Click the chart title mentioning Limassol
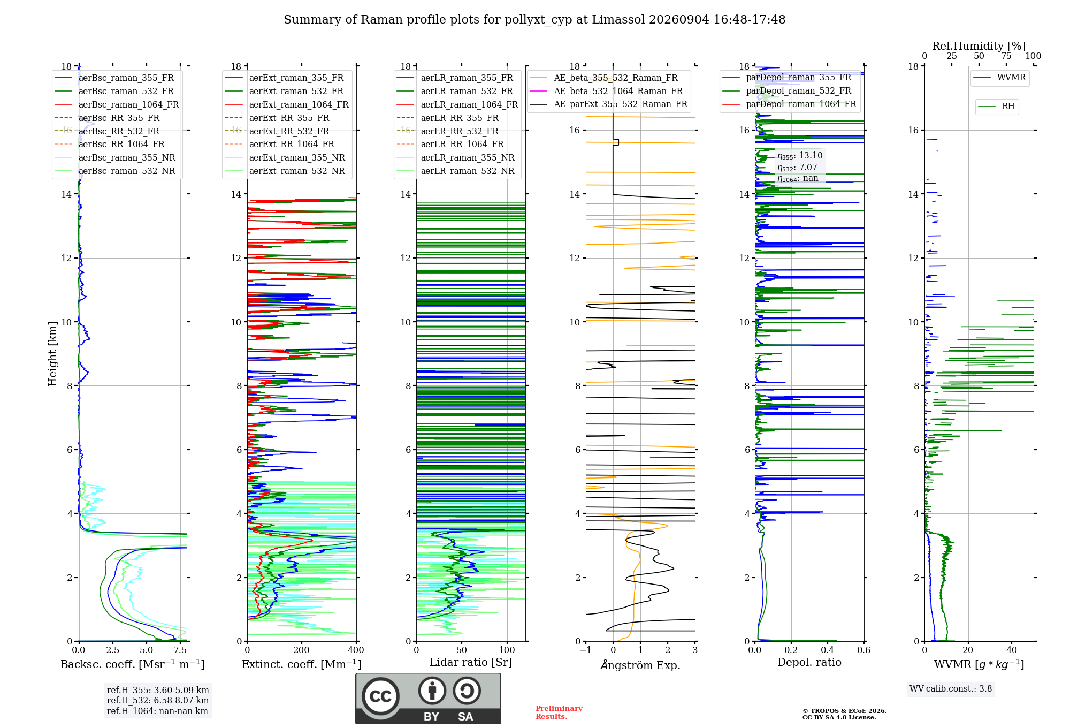point(534,20)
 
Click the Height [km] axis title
point(52,354)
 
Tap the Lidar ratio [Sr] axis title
point(471,662)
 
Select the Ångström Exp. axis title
point(640,665)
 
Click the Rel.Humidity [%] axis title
point(979,46)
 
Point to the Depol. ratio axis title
point(809,662)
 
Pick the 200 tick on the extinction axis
point(302,650)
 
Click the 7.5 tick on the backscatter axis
point(180,650)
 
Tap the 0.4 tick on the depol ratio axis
point(828,650)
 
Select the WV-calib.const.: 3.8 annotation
point(951,689)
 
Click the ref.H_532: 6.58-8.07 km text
point(158,700)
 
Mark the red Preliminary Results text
point(559,712)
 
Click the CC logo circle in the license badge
point(381,696)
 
